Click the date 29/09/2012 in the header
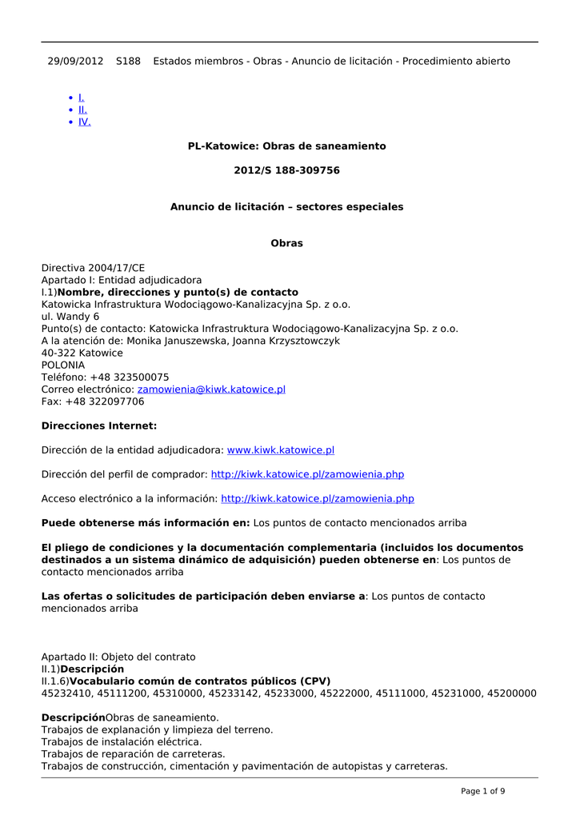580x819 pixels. coord(75,61)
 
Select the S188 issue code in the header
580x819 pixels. coord(128,61)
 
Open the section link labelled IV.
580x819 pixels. coord(84,122)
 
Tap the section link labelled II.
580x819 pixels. coord(82,110)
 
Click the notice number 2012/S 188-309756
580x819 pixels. coord(286,170)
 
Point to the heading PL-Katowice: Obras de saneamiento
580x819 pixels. coord(286,146)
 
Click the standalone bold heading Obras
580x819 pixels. coord(286,243)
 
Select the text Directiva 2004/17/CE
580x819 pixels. coord(93,268)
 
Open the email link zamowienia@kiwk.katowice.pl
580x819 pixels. coord(211,390)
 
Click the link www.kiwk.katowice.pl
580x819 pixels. coord(281,451)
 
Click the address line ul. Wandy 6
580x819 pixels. coord(70,317)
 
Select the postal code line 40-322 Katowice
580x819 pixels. coord(82,353)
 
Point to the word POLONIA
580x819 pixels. coord(63,366)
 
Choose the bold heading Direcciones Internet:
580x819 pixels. coord(99,426)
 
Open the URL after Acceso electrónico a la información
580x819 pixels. coord(317,499)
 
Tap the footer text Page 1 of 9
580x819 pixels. coord(482,791)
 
